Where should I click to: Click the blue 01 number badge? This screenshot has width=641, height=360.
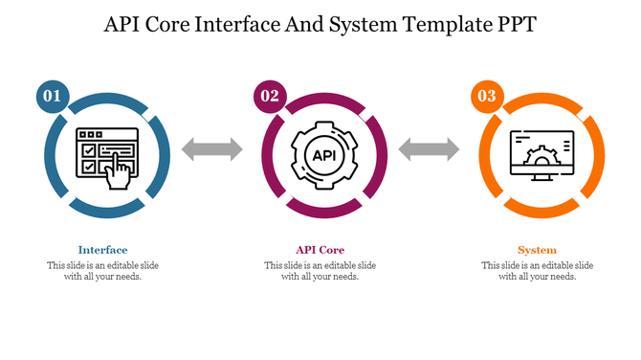(x=52, y=96)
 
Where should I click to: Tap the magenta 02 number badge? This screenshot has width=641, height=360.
(x=269, y=96)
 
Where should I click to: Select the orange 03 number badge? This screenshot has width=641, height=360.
(x=486, y=96)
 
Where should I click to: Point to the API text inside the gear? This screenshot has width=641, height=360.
(x=320, y=155)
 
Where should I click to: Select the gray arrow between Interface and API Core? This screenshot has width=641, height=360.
(x=211, y=148)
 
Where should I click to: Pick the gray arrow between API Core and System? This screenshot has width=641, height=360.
(x=430, y=148)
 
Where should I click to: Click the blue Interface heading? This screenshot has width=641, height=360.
(x=102, y=250)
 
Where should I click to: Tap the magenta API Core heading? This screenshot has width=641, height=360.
(x=320, y=250)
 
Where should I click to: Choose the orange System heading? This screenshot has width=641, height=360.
(x=538, y=250)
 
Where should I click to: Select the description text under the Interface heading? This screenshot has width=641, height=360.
(x=102, y=271)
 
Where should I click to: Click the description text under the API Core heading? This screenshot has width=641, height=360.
(x=320, y=271)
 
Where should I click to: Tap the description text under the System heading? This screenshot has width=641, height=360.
(x=538, y=271)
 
